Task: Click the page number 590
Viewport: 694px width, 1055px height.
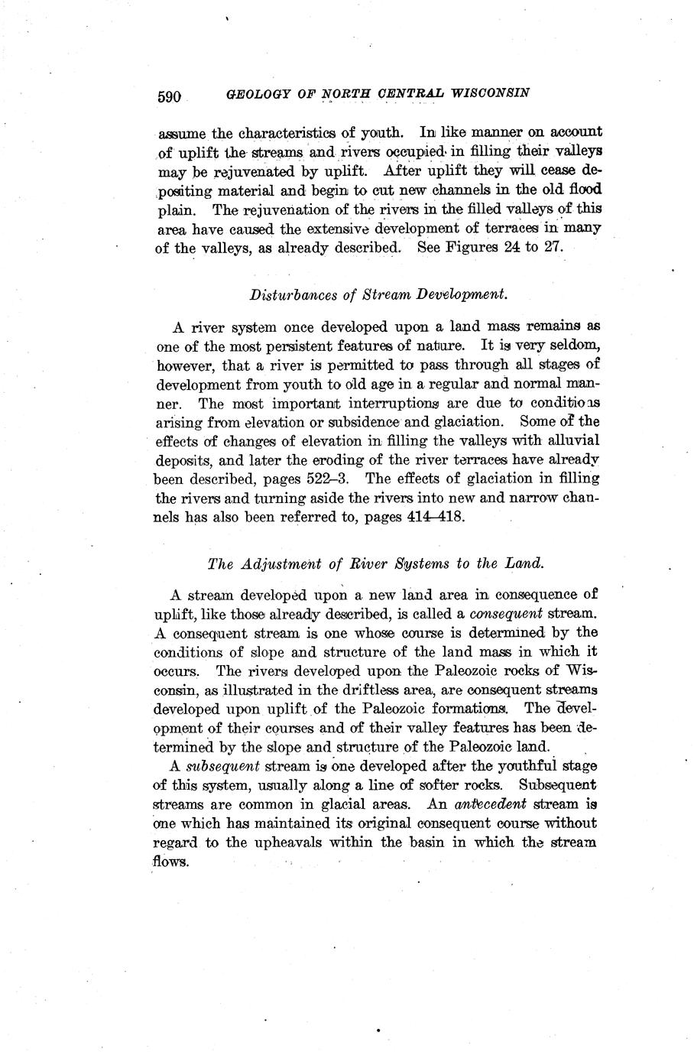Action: click(169, 96)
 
